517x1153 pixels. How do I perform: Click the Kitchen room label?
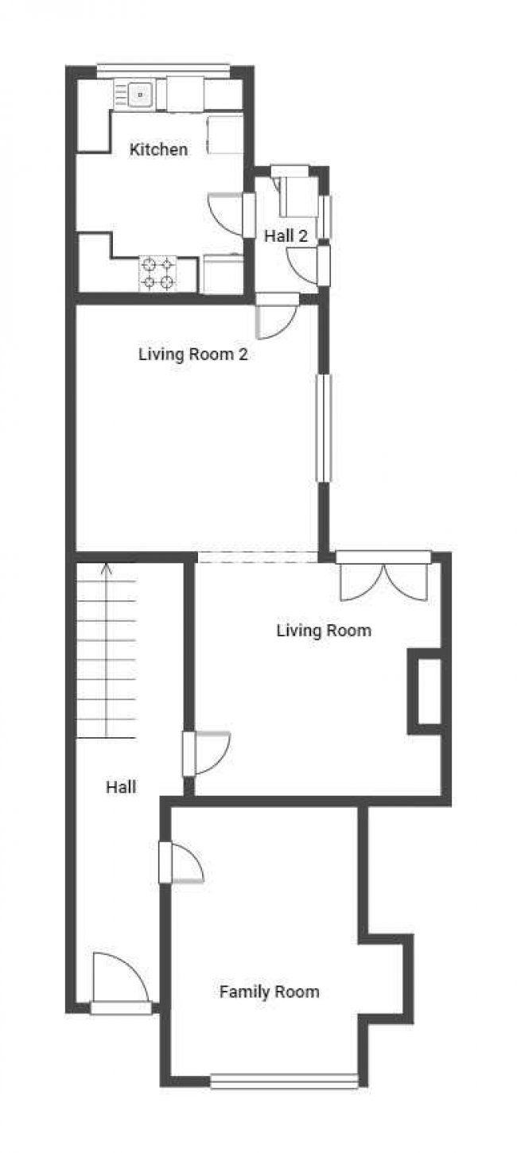158,149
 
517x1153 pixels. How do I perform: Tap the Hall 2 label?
286,236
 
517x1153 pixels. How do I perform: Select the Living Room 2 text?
193,354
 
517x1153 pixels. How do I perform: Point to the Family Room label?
270,992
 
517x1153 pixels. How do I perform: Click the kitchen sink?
134,95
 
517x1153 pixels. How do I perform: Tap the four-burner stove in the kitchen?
157,274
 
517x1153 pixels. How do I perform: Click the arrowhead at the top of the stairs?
107,569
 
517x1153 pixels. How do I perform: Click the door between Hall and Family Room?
181,862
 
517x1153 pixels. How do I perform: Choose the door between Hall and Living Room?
206,753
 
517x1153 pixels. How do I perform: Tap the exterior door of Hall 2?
309,265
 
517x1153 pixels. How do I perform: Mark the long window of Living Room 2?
324,429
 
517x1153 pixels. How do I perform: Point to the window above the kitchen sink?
163,71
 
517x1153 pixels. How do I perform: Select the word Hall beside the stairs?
121,787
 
